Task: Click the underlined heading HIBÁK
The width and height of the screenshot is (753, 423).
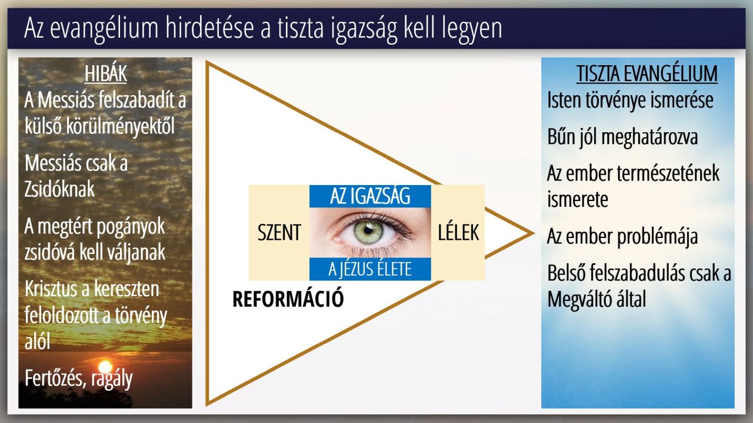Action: pyautogui.click(x=105, y=73)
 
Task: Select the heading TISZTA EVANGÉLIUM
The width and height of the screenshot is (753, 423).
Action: pyautogui.click(x=647, y=73)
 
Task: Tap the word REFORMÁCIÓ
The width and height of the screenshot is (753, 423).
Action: pyautogui.click(x=288, y=299)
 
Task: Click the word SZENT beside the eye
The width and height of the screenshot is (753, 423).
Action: pyautogui.click(x=279, y=232)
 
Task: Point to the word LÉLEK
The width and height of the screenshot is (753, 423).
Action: pyautogui.click(x=458, y=232)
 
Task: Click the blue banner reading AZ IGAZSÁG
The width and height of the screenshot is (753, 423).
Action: pyautogui.click(x=370, y=196)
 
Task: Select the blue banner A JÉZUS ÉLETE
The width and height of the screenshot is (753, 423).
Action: pyautogui.click(x=370, y=269)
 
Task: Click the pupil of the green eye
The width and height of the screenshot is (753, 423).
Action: pyautogui.click(x=368, y=230)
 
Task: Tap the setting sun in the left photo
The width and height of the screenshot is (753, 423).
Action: pyautogui.click(x=105, y=367)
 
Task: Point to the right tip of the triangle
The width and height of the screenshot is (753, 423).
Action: pyautogui.click(x=534, y=233)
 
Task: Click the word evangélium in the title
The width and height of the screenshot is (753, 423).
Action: pyautogui.click(x=104, y=29)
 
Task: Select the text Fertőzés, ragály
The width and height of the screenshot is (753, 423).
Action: pyautogui.click(x=79, y=379)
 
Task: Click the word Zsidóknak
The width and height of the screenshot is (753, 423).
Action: pyautogui.click(x=59, y=190)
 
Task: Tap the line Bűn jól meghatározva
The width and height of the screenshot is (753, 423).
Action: pyautogui.click(x=622, y=137)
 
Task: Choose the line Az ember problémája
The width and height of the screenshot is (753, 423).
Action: pyautogui.click(x=622, y=237)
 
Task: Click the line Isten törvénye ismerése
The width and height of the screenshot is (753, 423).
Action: pyautogui.click(x=630, y=100)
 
